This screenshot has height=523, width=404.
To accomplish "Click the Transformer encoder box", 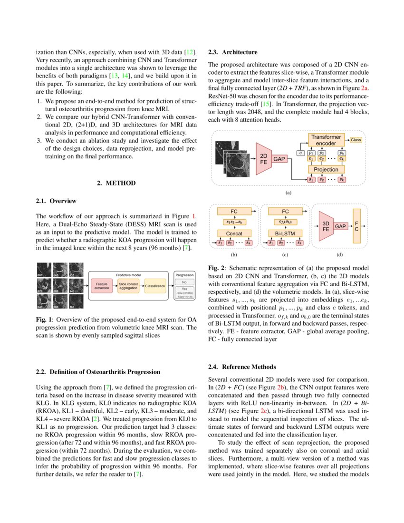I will coord(326,140).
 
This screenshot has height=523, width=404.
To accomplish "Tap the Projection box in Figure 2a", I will coord(326,169).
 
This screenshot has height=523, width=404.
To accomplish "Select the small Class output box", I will coord(356,140).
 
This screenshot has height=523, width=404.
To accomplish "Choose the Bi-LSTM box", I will coord(285,233).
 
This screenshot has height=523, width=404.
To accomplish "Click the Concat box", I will coord(234,233).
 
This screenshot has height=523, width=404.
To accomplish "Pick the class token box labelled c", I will coord(300,153).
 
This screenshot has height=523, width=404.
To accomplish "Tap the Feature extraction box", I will coord(101,286).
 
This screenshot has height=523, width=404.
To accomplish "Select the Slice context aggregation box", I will coord(128,286).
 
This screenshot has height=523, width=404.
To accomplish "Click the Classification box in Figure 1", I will coord(155,286).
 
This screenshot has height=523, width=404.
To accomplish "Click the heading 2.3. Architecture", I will coord(233,52).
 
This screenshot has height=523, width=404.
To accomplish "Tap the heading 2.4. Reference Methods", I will coord(241,367).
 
